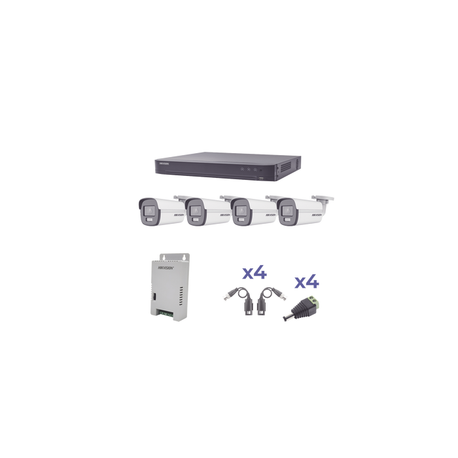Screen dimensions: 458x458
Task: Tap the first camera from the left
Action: point(156,213)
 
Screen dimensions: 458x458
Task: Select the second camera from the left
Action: point(203,213)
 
